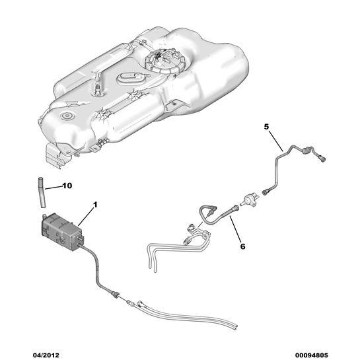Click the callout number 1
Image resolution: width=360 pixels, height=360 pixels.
click(x=95, y=205)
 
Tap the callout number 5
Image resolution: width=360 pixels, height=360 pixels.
click(x=266, y=127)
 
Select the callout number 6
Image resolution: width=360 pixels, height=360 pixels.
click(x=242, y=246)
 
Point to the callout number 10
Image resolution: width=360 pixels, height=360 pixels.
click(x=67, y=186)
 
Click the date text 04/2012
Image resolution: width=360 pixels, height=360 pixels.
click(x=46, y=355)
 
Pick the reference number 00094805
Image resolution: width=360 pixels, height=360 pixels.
click(x=312, y=355)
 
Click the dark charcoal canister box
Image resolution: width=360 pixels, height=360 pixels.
click(x=62, y=231)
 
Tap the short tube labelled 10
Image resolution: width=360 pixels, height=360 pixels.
click(x=42, y=193)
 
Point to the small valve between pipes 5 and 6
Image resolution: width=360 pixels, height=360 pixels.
click(x=250, y=199)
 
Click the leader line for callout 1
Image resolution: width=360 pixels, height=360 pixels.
click(x=86, y=217)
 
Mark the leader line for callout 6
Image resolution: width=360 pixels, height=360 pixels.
click(x=235, y=229)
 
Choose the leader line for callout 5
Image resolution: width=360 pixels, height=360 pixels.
click(x=276, y=141)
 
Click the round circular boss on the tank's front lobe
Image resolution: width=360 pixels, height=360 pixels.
click(x=66, y=116)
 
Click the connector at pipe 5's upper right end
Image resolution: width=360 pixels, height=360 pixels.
click(x=322, y=159)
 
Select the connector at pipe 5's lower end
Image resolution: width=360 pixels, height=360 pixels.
click(x=266, y=192)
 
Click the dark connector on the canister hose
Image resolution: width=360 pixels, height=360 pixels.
click(x=116, y=294)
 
